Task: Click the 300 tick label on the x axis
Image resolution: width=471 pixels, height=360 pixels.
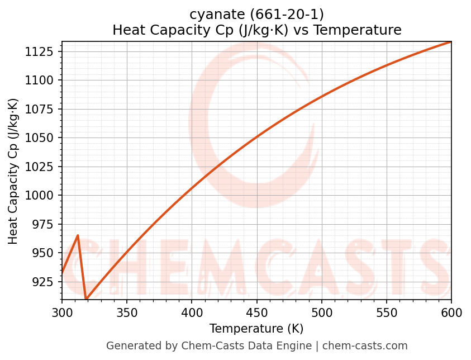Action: [62, 313]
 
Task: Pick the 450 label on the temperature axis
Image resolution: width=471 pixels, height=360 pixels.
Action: [256, 313]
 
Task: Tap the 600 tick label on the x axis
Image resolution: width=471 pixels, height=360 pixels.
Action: [451, 313]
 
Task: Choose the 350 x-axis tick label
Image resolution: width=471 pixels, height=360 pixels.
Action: [127, 313]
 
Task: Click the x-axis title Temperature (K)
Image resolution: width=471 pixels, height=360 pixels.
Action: [256, 329]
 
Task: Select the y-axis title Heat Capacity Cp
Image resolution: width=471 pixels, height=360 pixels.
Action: [13, 171]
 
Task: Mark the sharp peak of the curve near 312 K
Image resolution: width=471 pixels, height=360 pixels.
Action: [78, 235]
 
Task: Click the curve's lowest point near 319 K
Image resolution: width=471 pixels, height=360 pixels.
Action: [86, 299]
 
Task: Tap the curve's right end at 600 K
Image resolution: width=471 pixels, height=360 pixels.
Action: [451, 42]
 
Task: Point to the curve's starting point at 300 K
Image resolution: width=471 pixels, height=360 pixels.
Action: [62, 273]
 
